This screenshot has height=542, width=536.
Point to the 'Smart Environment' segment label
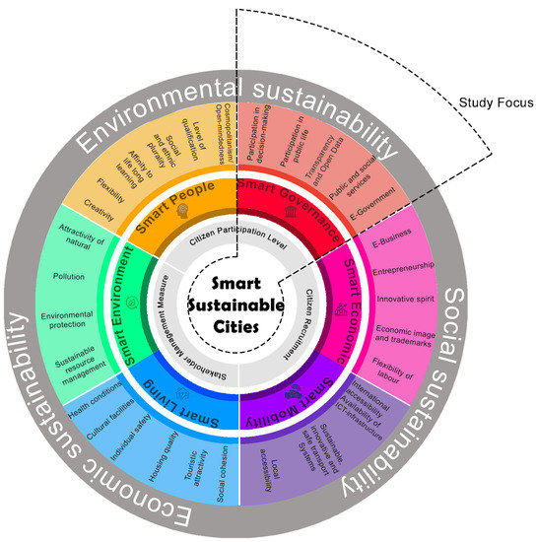coord(125,307)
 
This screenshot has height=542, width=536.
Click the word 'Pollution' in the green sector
coord(69,277)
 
